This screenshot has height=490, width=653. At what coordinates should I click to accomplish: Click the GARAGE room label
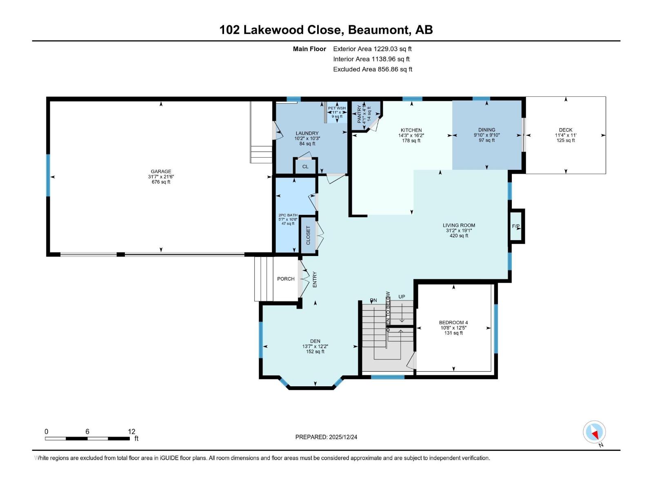pyautogui.click(x=161, y=171)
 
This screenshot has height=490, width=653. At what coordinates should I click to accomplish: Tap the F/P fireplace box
pyautogui.click(x=516, y=226)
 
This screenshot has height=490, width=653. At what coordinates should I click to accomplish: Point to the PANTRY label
pyautogui.click(x=359, y=114)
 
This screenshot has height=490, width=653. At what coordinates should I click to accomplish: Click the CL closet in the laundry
pyautogui.click(x=305, y=167)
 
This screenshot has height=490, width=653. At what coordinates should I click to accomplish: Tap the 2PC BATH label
pyautogui.click(x=288, y=215)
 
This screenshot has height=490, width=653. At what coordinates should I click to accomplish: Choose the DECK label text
pyautogui.click(x=565, y=130)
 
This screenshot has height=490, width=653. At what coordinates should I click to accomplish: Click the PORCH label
pyautogui.click(x=286, y=279)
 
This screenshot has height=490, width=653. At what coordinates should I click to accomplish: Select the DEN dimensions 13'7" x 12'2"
pyautogui.click(x=315, y=346)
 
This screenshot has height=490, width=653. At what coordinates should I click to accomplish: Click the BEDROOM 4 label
pyautogui.click(x=453, y=323)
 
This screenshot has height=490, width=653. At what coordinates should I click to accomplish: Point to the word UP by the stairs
pyautogui.click(x=402, y=297)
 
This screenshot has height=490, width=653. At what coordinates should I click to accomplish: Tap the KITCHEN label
pyautogui.click(x=411, y=130)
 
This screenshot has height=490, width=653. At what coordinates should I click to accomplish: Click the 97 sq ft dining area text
pyautogui.click(x=486, y=140)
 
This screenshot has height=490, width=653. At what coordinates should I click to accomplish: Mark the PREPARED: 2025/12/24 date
pyautogui.click(x=326, y=437)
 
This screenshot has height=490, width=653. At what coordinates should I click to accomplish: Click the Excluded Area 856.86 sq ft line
pyautogui.click(x=372, y=69)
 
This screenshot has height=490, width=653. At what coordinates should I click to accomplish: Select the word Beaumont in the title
pyautogui.click(x=379, y=30)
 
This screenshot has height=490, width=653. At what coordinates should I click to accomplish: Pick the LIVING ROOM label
pyautogui.click(x=459, y=225)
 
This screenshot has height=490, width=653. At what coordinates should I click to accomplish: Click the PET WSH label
pyautogui.click(x=337, y=108)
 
